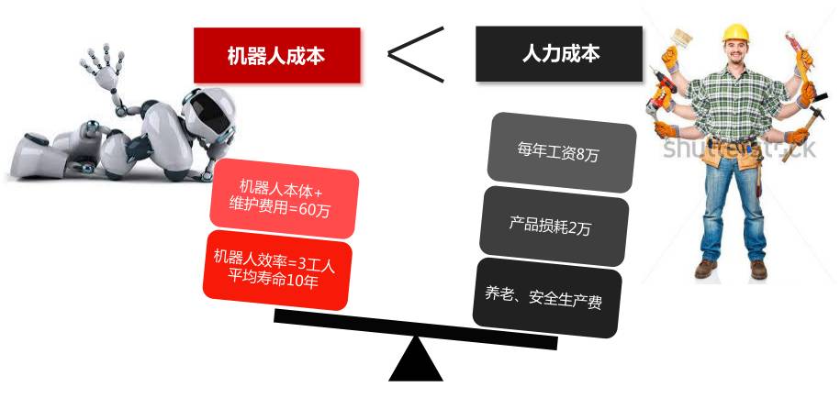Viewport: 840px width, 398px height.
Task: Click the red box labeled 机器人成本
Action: coord(276,55)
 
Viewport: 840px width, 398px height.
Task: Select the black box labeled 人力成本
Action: coord(558,54)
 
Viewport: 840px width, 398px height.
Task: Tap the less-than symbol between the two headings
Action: coord(416,52)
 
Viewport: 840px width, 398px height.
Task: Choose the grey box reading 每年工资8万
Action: coord(561,149)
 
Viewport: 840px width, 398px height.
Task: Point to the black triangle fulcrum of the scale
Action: coord(416,359)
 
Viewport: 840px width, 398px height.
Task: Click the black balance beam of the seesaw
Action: coord(415,329)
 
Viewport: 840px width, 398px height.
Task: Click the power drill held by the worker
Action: coord(663,100)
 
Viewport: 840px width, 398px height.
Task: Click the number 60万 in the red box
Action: coord(314,210)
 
